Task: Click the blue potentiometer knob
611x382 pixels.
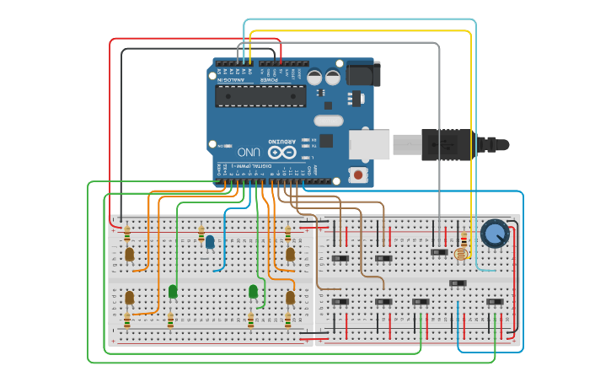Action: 495,232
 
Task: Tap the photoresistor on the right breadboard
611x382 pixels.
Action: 460,253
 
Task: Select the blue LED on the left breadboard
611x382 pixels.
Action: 209,242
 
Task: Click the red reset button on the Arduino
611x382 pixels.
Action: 358,175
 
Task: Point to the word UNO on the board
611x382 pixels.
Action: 249,152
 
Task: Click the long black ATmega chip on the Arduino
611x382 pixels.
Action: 260,96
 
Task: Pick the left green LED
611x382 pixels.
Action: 173,291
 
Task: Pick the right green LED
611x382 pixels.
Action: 253,291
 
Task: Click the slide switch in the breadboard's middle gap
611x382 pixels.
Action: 458,282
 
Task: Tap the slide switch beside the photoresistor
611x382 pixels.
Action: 438,251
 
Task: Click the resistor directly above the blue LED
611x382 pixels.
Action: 201,231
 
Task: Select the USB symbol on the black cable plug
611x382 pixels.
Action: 446,145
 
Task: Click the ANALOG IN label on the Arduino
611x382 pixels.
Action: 233,80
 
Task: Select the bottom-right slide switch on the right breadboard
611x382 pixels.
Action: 496,301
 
